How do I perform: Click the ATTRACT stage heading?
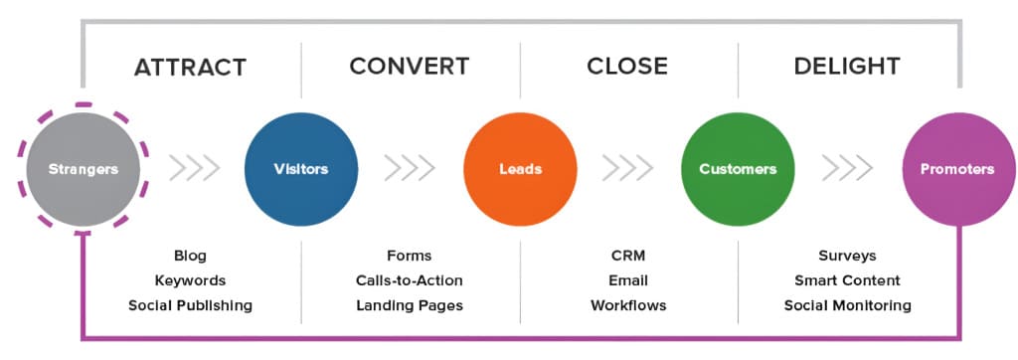point(190,68)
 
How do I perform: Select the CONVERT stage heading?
point(409,68)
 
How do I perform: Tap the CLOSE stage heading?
point(627,68)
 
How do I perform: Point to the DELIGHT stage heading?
point(846,68)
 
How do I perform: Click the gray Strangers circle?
point(84,169)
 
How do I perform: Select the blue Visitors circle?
point(300,169)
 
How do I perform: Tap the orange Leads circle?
point(520,169)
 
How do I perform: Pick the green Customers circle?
point(738,169)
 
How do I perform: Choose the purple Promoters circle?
point(956,169)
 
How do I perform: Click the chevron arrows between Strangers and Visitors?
point(194,169)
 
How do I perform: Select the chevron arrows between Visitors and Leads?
point(410,169)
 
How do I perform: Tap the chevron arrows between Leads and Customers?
point(628,169)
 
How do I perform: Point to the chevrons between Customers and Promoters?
point(847,169)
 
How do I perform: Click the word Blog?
point(190,256)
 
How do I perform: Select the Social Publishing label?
point(190,305)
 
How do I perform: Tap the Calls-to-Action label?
point(409,280)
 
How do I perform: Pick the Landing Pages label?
point(409,305)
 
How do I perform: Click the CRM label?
point(627,256)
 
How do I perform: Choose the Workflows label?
point(627,305)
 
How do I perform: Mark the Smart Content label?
point(847,280)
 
